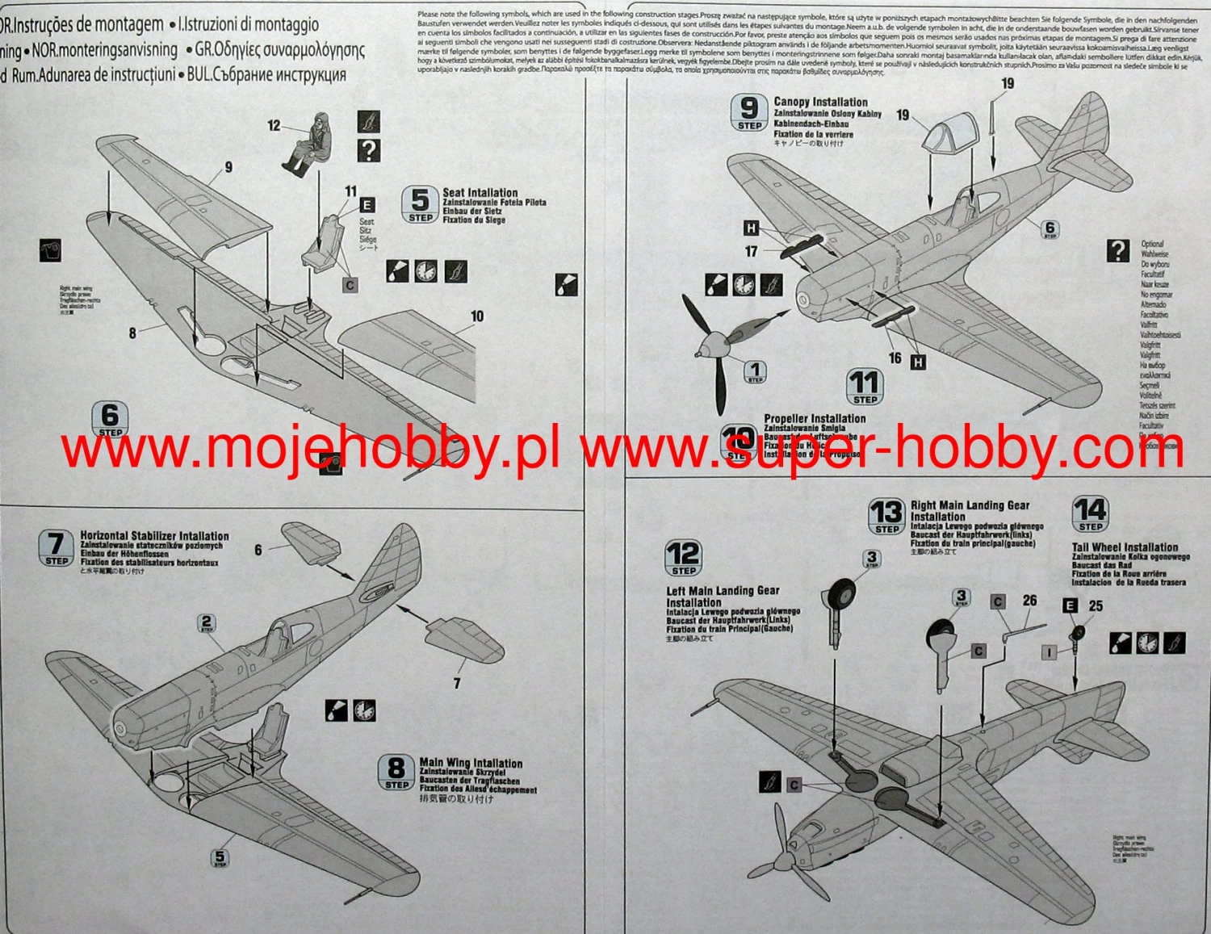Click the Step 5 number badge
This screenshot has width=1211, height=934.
coord(420,204)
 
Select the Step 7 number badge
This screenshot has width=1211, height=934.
coord(56,548)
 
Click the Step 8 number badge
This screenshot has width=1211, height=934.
coord(396,772)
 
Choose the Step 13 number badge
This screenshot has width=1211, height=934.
coord(886,516)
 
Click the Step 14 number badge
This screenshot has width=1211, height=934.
coord(1090,514)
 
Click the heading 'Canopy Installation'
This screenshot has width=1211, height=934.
coord(820,102)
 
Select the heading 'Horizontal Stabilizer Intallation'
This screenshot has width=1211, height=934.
coord(154,535)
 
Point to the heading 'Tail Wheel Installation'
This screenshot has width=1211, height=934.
coord(1125,547)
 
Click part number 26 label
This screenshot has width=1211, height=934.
coord(1029,601)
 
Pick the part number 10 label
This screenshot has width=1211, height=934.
coord(477,316)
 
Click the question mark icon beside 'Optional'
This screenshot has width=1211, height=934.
coord(1117,250)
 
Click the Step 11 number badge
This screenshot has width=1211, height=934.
coord(865,386)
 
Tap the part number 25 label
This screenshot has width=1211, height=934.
coord(1096,605)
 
